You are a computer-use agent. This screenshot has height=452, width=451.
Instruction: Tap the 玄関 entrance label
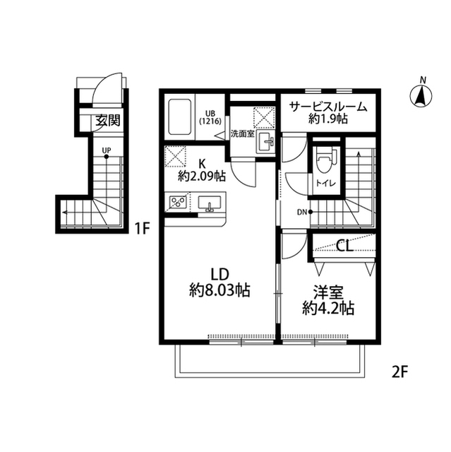(108, 120)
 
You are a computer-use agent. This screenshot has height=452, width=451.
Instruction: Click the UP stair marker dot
(107, 157)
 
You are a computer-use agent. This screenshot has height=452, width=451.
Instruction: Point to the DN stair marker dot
(310, 212)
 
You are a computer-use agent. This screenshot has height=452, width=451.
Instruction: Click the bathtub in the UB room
(180, 117)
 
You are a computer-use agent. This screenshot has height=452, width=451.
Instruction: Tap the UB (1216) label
(210, 117)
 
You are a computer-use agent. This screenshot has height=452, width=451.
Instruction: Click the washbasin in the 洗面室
(266, 141)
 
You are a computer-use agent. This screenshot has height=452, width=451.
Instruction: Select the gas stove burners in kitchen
(178, 201)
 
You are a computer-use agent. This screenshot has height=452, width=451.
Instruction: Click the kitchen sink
(210, 203)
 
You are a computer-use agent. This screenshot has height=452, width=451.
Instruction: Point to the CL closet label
(344, 246)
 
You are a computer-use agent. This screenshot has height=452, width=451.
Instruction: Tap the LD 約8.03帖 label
(220, 282)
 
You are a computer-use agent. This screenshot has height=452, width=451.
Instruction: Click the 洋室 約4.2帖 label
(328, 300)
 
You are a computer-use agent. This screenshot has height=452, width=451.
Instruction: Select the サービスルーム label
(328, 107)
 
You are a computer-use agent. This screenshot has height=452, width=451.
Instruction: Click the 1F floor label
(143, 229)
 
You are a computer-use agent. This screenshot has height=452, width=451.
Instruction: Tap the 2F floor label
(400, 372)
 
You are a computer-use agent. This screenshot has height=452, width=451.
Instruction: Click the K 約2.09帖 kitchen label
(202, 170)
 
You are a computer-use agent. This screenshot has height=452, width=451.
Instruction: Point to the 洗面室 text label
(242, 133)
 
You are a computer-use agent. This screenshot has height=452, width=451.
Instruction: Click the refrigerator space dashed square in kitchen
(175, 157)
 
